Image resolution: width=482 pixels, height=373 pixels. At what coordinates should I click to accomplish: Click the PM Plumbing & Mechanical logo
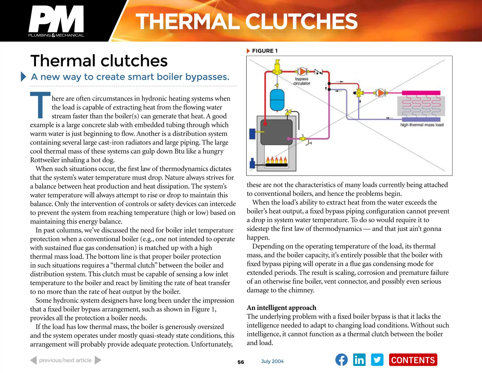[56, 21]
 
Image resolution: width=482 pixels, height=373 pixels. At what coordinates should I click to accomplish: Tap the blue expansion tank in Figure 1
[277, 100]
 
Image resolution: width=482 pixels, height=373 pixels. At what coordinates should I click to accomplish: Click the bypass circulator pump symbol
[302, 71]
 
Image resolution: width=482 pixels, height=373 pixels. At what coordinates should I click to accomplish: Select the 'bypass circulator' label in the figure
[302, 81]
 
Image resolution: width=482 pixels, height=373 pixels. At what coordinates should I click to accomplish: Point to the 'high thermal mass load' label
[421, 125]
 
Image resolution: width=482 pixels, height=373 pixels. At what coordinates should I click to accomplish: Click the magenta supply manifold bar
[421, 93]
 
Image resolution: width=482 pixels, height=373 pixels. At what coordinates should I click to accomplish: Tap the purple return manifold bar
[421, 119]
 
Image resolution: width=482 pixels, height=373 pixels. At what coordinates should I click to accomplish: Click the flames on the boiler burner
[276, 160]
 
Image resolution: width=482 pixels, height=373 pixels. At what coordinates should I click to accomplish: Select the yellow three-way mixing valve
[359, 93]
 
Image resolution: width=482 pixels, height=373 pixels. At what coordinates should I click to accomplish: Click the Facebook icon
[341, 360]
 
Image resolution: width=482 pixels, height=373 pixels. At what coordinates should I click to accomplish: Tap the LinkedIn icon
[359, 360]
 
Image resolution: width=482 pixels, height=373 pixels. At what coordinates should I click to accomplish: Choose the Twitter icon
[377, 360]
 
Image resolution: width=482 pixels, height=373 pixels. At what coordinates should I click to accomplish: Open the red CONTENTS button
[413, 360]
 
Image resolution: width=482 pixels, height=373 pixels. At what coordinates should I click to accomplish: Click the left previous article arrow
[34, 360]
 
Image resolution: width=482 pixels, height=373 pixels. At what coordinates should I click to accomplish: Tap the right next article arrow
[98, 360]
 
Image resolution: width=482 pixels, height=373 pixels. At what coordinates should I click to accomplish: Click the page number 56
[241, 362]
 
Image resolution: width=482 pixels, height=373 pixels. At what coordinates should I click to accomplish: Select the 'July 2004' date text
[272, 361]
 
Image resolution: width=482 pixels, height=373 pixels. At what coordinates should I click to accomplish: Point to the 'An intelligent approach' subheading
[281, 308]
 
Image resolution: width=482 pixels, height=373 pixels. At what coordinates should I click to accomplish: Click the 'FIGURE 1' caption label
[264, 51]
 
